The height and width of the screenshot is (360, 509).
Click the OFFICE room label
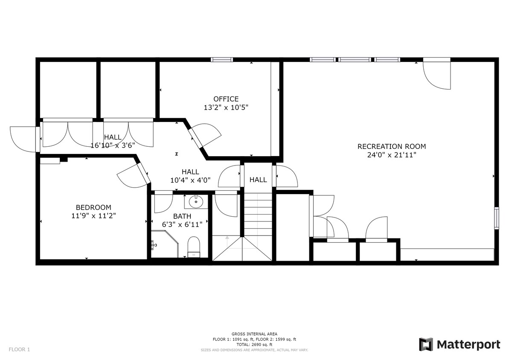[226, 99]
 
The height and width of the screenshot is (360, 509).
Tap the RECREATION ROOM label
[391, 146]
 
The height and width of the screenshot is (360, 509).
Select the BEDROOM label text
[93, 207]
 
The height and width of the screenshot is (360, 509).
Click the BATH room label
[182, 216]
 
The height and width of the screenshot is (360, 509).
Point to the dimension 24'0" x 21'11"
[391, 155]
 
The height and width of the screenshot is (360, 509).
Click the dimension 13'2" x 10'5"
[226, 108]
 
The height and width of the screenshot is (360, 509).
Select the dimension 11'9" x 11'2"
[93, 216]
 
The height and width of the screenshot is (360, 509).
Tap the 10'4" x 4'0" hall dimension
[190, 180]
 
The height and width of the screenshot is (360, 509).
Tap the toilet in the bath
[194, 247]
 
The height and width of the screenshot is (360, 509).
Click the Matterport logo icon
[425, 344]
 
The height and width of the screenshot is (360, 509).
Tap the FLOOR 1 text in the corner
[19, 350]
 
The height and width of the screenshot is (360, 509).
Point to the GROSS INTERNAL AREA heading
[254, 334]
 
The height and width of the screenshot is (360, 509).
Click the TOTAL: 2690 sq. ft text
[254, 345]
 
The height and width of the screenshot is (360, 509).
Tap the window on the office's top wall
[222, 60]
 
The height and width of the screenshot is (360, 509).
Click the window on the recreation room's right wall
[496, 218]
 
